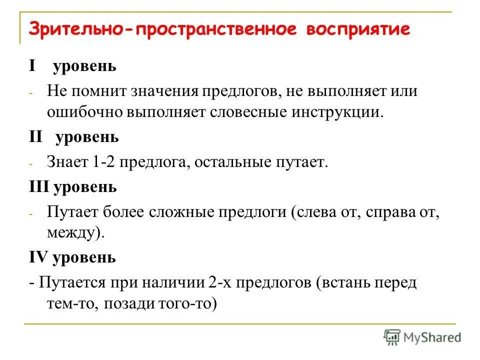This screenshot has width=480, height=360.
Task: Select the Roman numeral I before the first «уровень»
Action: pyautogui.click(x=32, y=66)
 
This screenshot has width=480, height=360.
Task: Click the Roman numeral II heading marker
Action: pyautogui.click(x=35, y=137)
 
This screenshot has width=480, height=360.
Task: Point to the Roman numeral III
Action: pyautogui.click(x=38, y=187)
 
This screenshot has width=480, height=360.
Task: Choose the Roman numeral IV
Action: pyautogui.click(x=37, y=258)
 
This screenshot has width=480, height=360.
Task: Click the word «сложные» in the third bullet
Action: pyautogui.click(x=180, y=212)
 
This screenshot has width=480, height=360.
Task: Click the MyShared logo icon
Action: pyautogui.click(x=392, y=337)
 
